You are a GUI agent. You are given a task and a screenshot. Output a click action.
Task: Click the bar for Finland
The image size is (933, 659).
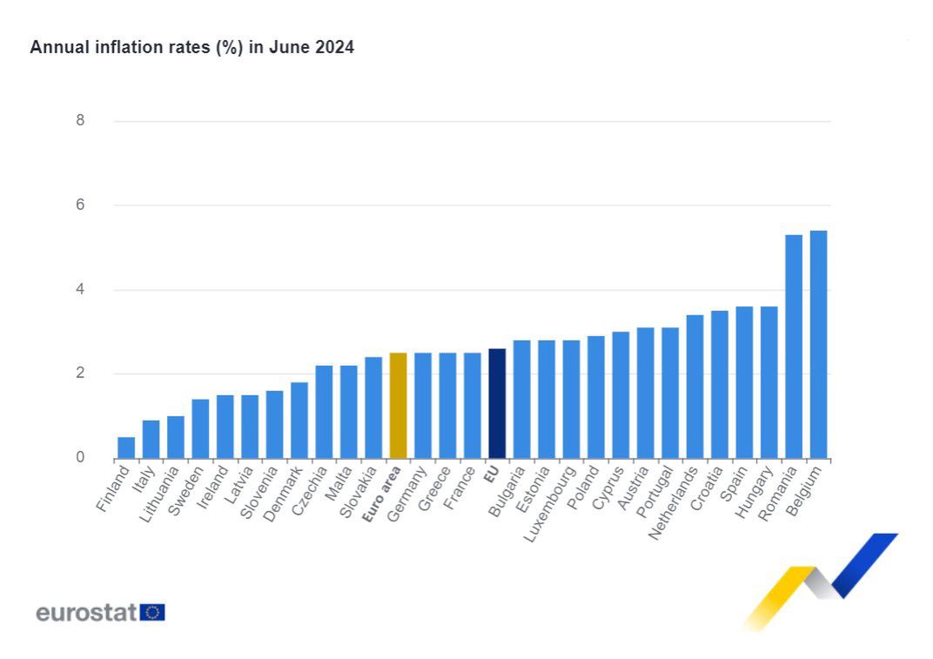[x=126, y=447]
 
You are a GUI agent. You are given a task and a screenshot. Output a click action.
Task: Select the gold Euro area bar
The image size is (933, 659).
[x=398, y=406]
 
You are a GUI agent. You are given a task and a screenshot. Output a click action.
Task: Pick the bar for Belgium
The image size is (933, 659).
[x=818, y=345]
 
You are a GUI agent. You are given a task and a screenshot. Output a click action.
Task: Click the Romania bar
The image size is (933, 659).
[x=794, y=346]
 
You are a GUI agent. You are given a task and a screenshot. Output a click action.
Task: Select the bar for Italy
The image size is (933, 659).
[x=151, y=440]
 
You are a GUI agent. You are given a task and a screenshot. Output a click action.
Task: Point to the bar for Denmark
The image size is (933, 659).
[x=299, y=420]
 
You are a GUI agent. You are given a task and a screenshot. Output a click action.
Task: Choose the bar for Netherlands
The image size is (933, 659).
[x=695, y=387]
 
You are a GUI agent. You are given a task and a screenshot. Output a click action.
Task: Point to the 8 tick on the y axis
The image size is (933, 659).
[x=80, y=121]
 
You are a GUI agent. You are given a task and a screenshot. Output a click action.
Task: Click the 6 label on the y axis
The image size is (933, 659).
[x=80, y=205]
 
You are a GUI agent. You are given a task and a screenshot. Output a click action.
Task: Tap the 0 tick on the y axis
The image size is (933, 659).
[x=80, y=458]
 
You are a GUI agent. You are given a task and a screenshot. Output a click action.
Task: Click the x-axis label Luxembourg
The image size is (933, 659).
[x=552, y=504]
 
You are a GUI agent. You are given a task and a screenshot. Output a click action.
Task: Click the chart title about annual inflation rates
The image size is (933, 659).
[x=191, y=48]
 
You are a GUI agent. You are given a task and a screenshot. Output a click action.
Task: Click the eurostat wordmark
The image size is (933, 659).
[x=86, y=613]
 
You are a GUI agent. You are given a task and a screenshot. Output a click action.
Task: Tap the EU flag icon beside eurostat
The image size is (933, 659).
[x=153, y=613]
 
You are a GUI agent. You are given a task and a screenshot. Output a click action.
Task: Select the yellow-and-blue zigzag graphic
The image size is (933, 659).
[x=822, y=579]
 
